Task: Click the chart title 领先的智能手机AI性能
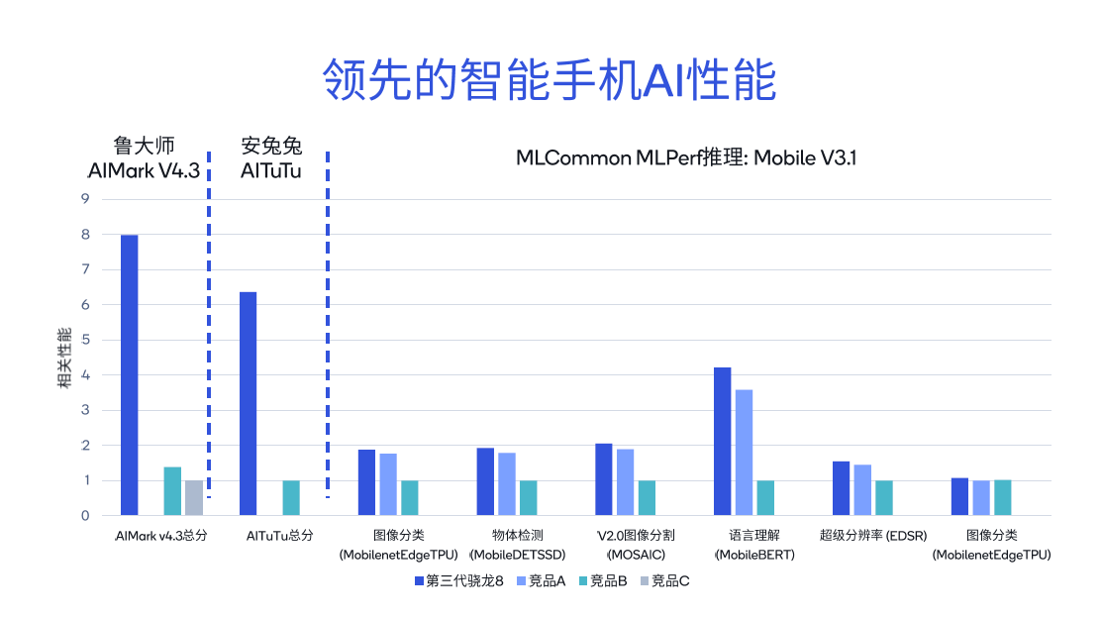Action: [x=550, y=80]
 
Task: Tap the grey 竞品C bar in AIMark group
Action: [x=194, y=497]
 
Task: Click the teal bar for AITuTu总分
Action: [x=291, y=497]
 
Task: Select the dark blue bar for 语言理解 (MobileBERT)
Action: [x=723, y=441]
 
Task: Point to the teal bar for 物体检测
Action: [x=529, y=497]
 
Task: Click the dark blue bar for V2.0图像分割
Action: [x=604, y=479]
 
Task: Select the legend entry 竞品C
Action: [x=663, y=580]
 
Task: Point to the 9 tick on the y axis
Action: [x=85, y=199]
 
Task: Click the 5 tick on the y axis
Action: [x=85, y=340]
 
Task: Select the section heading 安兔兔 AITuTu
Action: [x=271, y=158]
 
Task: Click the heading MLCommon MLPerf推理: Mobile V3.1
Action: [x=685, y=158]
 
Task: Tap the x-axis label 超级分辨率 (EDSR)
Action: [x=872, y=536]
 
